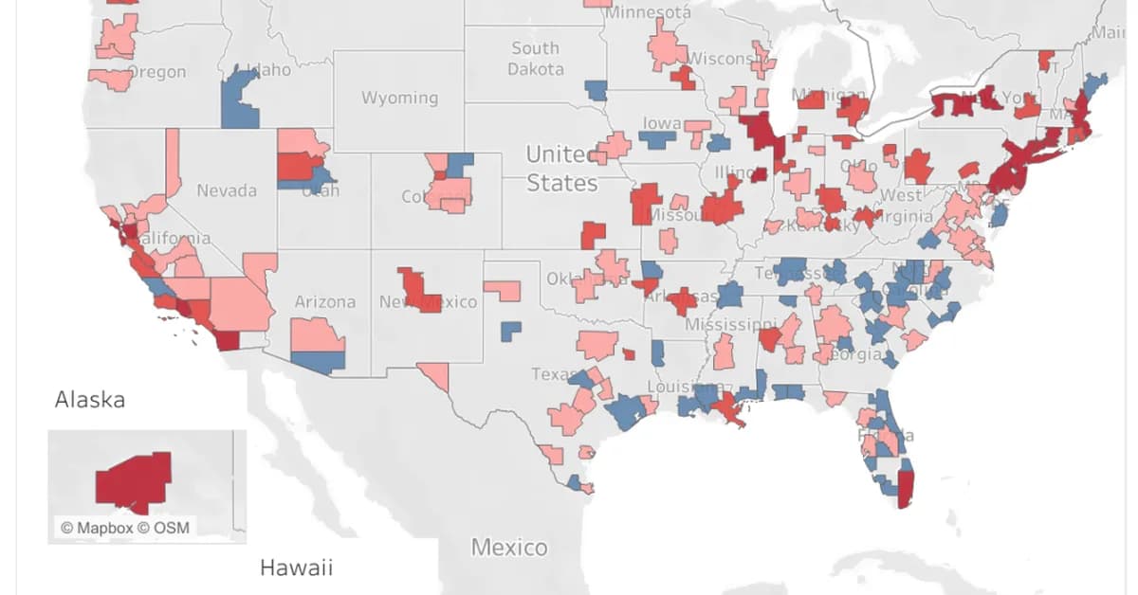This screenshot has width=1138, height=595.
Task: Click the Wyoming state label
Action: pos(399,98)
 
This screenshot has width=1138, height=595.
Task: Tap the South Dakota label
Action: pos(536,59)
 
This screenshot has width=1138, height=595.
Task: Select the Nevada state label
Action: pos(227,190)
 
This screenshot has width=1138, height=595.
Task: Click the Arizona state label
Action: pos(324,301)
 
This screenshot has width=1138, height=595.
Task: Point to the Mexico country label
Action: pos(509,548)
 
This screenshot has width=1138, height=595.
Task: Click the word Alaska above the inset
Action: pos(90,399)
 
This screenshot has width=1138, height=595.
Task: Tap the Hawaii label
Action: pos(296,568)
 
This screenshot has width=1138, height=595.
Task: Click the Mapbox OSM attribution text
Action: pos(124,528)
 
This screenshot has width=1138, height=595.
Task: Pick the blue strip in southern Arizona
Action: pos(318,361)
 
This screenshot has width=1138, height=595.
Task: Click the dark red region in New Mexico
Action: pos(417,289)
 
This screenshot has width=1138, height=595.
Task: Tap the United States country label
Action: pos(561,168)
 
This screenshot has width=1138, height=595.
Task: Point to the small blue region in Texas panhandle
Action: pos(511,331)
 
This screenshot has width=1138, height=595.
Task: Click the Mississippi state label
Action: pos(730,324)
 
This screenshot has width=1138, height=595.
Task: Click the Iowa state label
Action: pos(662,123)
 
